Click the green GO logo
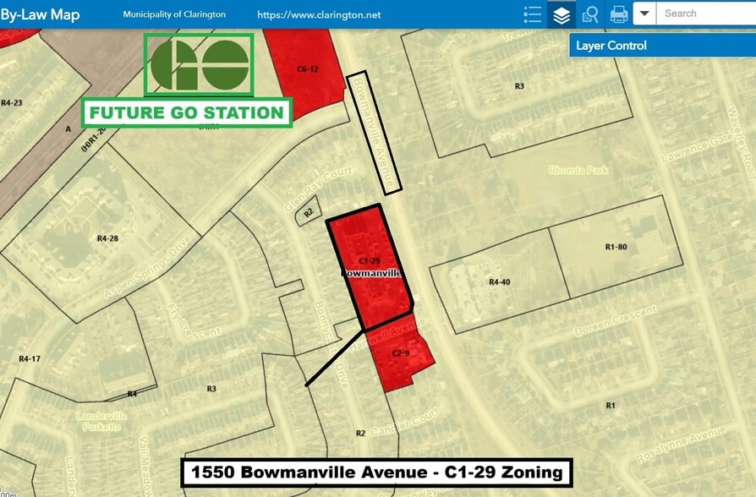click(x=199, y=65)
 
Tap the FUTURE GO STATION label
click(x=187, y=112)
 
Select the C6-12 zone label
click(x=307, y=68)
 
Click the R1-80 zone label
click(x=616, y=247)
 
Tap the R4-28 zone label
click(x=107, y=238)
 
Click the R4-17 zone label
click(x=30, y=358)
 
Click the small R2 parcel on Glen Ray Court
click(x=309, y=212)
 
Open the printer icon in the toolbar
click(x=619, y=14)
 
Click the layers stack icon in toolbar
click(x=561, y=14)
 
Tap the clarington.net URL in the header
click(x=319, y=15)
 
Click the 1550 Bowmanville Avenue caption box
click(x=377, y=472)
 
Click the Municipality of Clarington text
click(x=174, y=15)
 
